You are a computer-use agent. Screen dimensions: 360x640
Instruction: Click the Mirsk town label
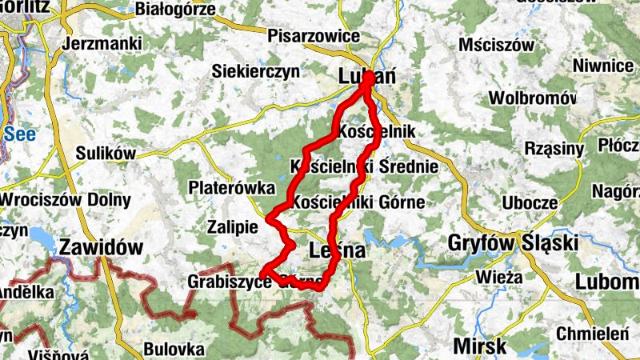479,346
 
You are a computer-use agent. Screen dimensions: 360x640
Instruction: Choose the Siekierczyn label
255,72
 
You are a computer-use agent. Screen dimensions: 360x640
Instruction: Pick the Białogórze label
176,10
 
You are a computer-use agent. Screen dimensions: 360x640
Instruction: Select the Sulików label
106,153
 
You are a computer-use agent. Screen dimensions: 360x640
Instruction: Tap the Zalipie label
232,226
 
